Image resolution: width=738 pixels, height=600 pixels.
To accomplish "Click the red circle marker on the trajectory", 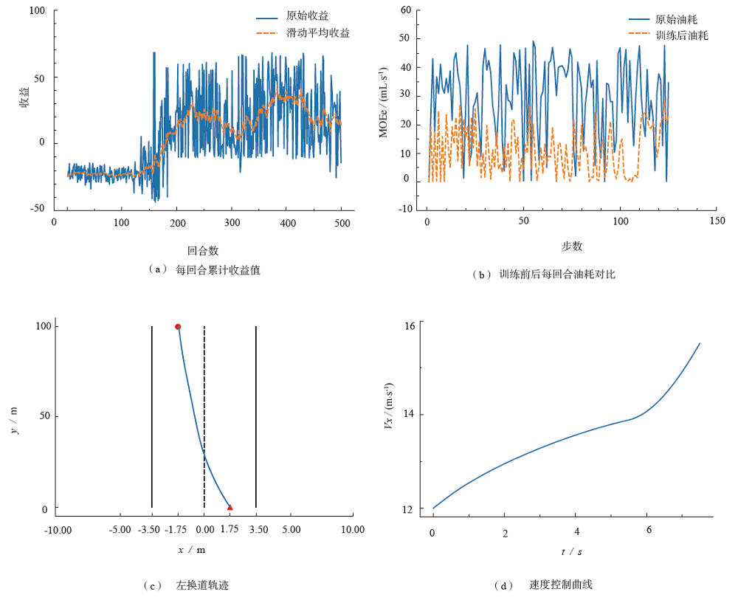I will (178, 326).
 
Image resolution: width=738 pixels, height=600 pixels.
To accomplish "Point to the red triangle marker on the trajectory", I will (230, 507).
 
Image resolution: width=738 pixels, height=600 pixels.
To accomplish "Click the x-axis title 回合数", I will (203, 250).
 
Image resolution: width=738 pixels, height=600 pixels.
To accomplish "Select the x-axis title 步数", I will (571, 246).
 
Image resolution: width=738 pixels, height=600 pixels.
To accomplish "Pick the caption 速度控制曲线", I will (560, 585).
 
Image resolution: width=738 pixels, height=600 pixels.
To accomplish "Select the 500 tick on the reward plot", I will (342, 221).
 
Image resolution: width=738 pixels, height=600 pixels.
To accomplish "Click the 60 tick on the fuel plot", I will (405, 10).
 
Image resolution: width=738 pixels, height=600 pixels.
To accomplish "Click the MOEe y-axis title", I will (384, 103).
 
